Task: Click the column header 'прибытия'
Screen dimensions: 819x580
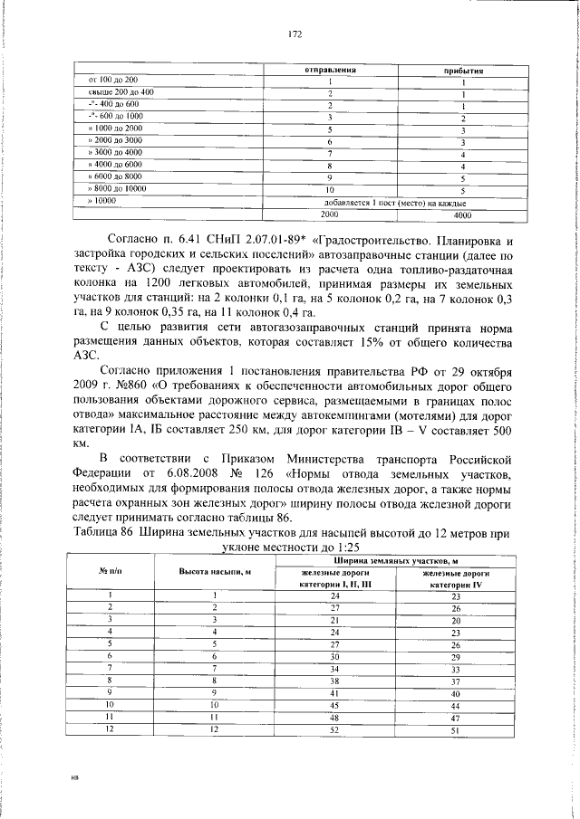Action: [462, 71]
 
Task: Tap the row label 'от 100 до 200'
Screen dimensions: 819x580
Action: [113, 81]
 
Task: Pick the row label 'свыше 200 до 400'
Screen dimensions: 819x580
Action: [121, 93]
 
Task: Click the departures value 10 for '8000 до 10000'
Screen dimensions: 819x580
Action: [331, 191]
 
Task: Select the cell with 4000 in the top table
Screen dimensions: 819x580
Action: [462, 216]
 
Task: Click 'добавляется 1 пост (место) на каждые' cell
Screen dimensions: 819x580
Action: [395, 205]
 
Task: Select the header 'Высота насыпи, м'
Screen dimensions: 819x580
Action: [215, 572]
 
